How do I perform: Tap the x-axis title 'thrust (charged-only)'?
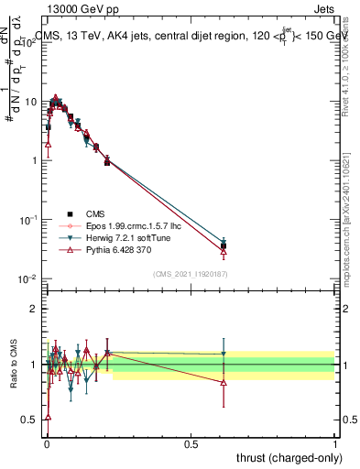(x=284, y=458)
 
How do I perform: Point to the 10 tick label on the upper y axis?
(x=30, y=100)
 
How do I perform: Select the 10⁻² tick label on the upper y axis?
(x=28, y=278)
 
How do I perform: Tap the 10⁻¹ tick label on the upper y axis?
(x=28, y=219)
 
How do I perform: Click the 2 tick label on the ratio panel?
(x=34, y=309)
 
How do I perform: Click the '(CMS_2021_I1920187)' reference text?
(x=190, y=273)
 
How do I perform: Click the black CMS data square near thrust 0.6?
(x=224, y=245)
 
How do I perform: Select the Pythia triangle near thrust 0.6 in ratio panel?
(x=224, y=382)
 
